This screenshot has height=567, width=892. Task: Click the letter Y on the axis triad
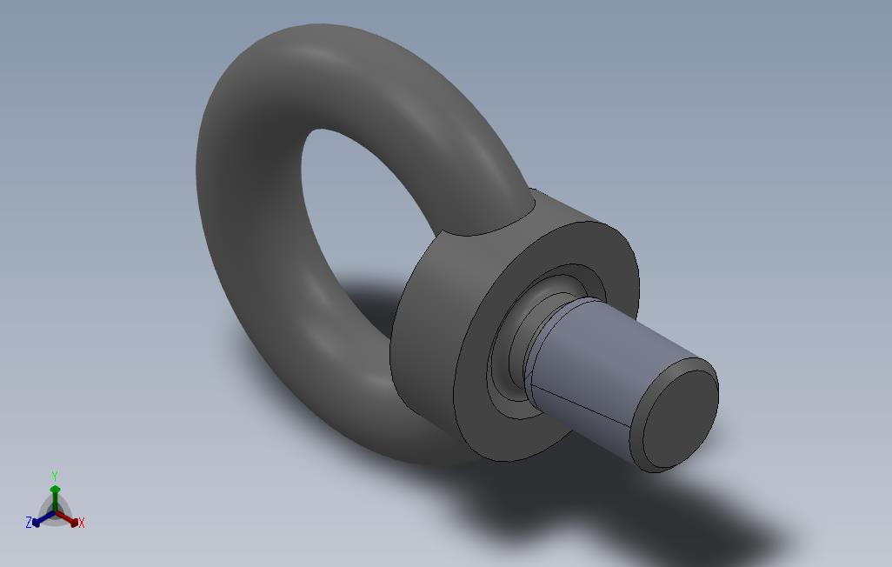[x=55, y=476]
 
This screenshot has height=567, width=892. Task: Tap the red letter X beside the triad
[x=82, y=523]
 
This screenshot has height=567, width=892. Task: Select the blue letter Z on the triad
[x=29, y=522]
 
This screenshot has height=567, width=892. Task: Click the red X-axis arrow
[x=67, y=518]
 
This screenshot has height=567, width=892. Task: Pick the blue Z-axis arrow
[x=43, y=518]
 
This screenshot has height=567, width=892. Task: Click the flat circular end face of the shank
[x=681, y=419]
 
